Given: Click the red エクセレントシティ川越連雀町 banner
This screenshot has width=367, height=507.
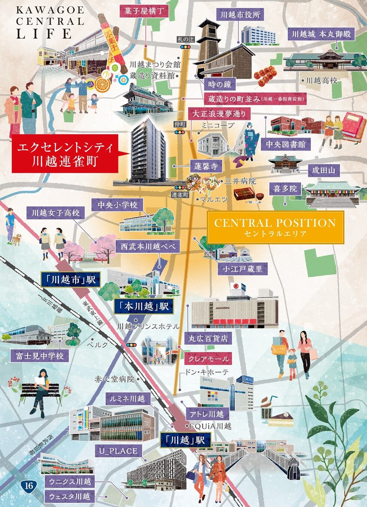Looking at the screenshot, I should point(64,153).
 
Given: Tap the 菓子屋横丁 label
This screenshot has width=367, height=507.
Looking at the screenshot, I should point(144,11).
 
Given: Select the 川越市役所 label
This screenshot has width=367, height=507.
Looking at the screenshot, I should point(240,15).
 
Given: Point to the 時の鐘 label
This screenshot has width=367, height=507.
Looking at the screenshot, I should point(219,84).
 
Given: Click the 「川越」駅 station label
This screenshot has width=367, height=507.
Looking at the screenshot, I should point(185,440).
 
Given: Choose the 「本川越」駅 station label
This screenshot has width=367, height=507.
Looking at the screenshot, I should point(144,307).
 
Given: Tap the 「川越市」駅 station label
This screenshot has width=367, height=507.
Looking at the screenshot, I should point(70,280).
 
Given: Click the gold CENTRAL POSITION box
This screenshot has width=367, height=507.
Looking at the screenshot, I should point(275,227).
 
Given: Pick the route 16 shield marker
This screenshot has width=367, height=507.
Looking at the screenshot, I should point(29,486).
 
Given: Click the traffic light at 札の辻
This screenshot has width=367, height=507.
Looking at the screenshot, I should point(185,47).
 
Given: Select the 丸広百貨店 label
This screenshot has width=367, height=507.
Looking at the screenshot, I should point(208,338).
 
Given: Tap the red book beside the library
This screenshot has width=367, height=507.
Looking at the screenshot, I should point(354,126).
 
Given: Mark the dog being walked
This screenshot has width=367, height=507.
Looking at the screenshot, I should point(16,239).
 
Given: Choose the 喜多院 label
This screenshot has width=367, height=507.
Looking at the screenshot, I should point(285,188).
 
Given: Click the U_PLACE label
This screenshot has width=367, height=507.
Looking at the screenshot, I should point(118,451).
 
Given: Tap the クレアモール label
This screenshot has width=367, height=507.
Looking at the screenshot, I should point(208,359).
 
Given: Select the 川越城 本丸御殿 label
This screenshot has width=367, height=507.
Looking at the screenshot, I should point(321,34).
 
